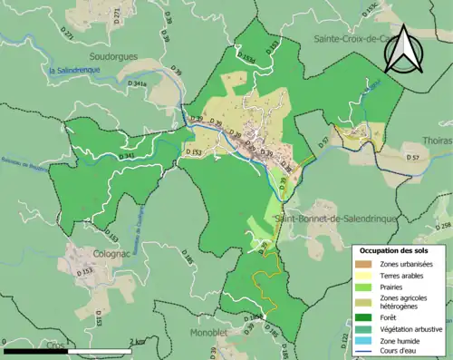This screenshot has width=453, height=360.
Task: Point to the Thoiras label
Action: (437, 141)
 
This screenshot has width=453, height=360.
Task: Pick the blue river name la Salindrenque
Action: (74, 70)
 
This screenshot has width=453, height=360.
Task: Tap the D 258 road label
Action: (443, 226)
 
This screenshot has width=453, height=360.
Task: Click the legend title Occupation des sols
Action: (395, 249)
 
